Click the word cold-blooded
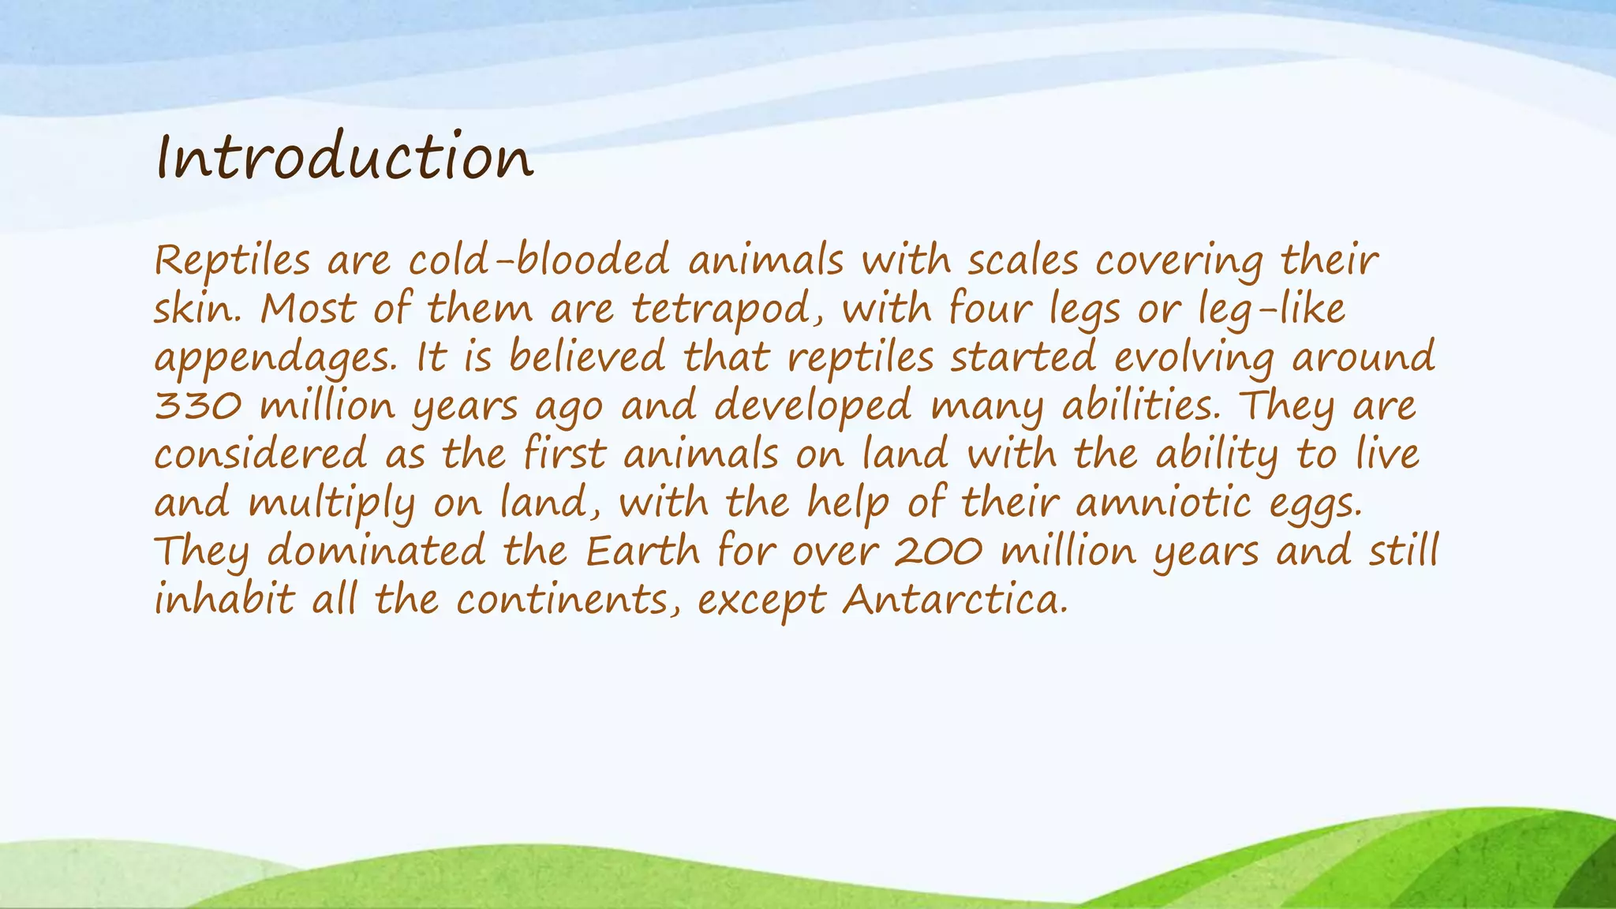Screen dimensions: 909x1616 click(539, 260)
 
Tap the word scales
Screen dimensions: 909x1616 click(1023, 260)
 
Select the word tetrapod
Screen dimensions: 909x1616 click(728, 309)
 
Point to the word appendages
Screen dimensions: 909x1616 click(275, 359)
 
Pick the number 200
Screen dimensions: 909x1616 click(939, 552)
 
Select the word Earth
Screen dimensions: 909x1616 click(642, 552)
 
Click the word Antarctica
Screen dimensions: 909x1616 click(956, 600)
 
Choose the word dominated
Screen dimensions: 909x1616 click(376, 552)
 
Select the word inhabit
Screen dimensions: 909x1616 click(224, 600)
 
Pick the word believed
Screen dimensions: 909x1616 click(587, 357)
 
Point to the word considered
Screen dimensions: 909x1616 click(260, 455)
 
